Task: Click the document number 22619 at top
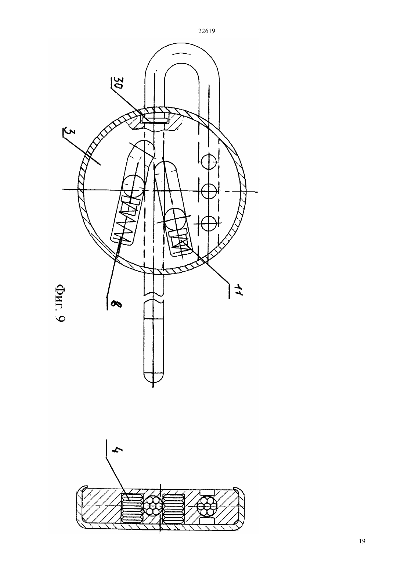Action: click(206, 31)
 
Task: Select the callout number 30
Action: click(117, 83)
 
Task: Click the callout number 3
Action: click(65, 133)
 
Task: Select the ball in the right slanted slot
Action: click(176, 219)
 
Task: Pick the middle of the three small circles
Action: click(209, 191)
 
